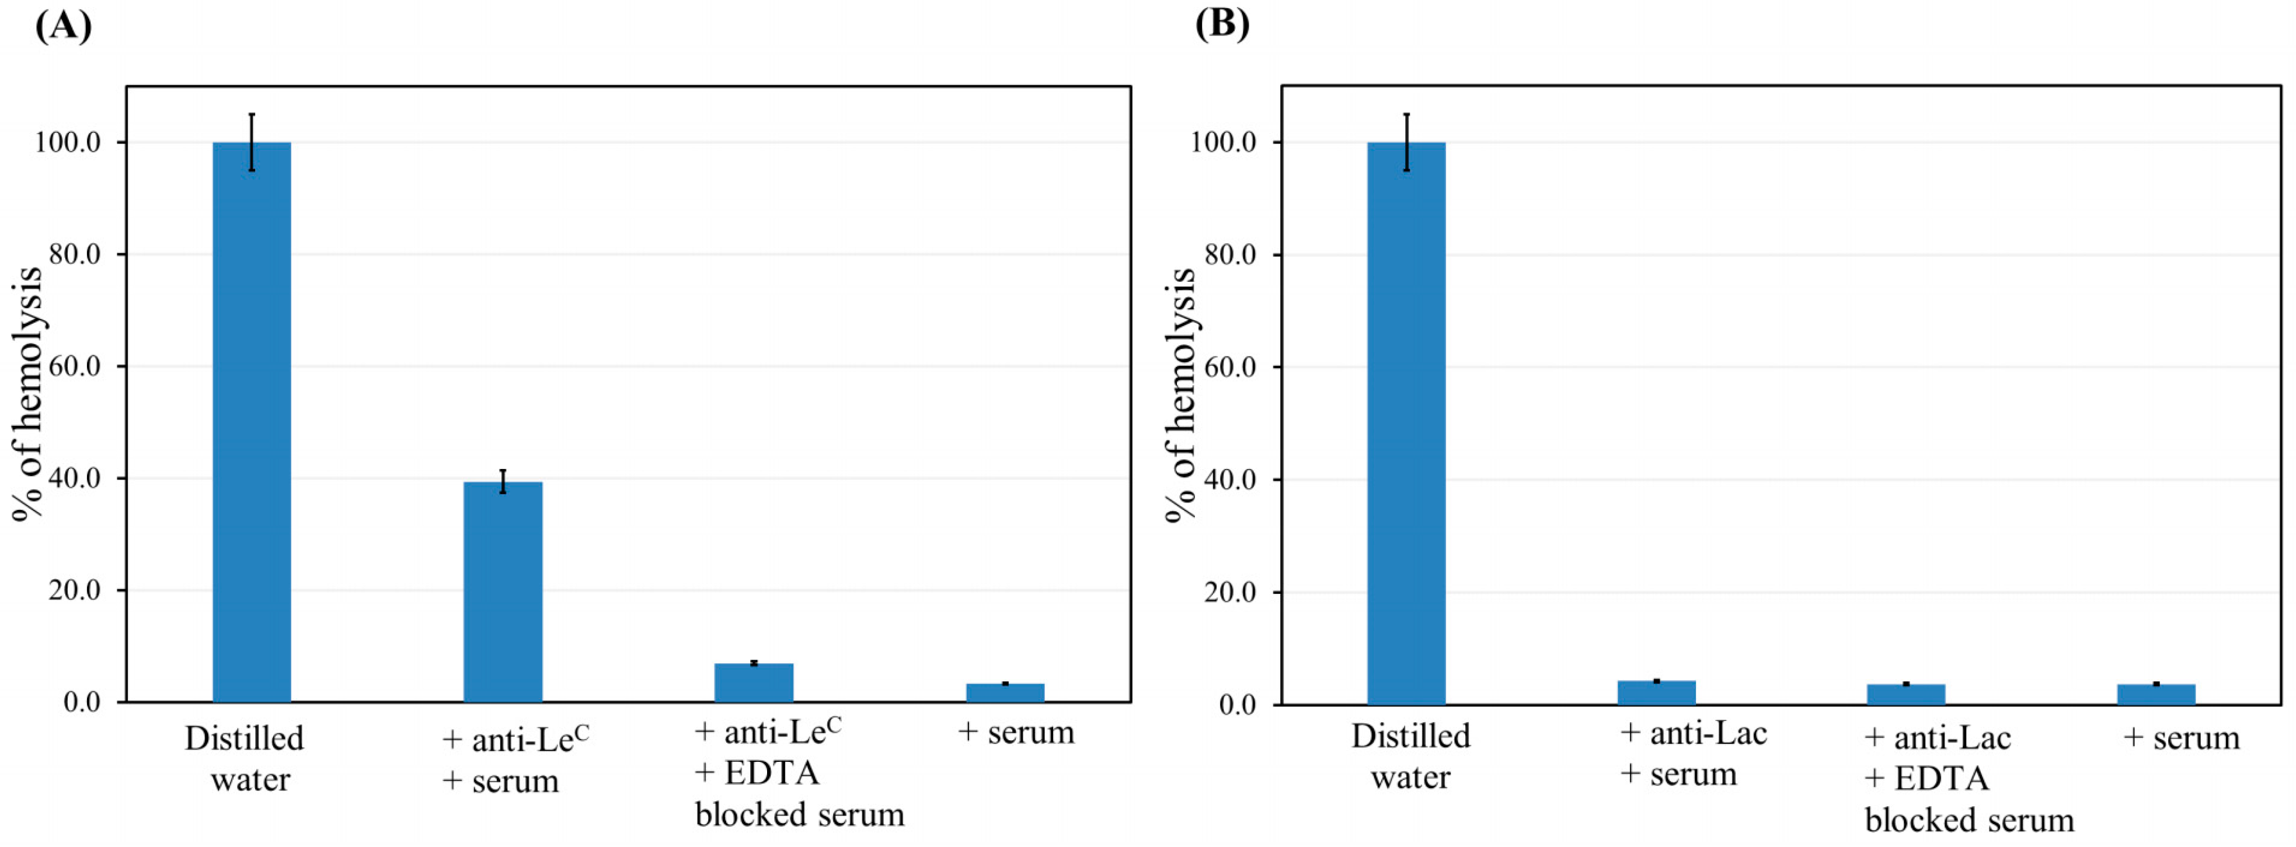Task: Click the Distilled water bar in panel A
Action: pyautogui.click(x=252, y=422)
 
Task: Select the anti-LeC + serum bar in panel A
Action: pyautogui.click(x=503, y=591)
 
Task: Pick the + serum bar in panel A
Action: pyautogui.click(x=1005, y=693)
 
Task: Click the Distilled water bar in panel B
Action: pyautogui.click(x=1406, y=423)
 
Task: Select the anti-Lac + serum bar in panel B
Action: pyautogui.click(x=1656, y=693)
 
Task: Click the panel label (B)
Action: pyautogui.click(x=1222, y=23)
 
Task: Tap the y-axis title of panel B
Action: pyautogui.click(x=1182, y=394)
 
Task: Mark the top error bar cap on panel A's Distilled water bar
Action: pyautogui.click(x=252, y=114)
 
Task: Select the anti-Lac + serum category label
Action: pyautogui.click(x=1692, y=754)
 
